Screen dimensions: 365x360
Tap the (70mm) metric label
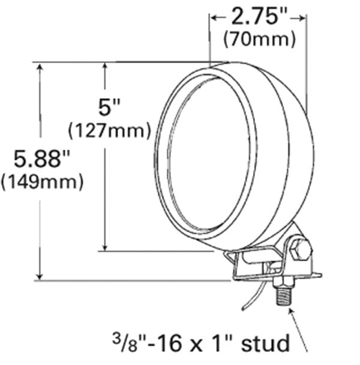(x=259, y=40)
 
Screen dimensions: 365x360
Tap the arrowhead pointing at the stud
(x=290, y=308)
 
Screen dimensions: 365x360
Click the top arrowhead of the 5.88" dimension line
(x=40, y=67)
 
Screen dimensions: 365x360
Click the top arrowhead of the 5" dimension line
(x=106, y=67)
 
